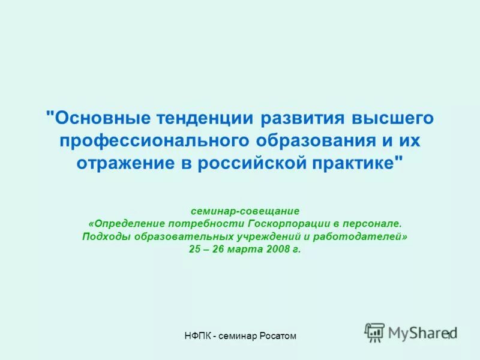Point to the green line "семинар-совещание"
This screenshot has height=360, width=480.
click(245, 211)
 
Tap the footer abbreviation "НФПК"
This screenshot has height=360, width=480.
click(196, 336)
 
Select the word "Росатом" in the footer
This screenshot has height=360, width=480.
click(278, 336)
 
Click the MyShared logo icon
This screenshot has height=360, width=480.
click(374, 332)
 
